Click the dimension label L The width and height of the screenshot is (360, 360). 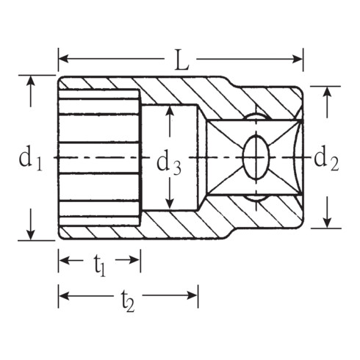coord(181,60)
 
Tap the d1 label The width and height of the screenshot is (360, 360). coord(31,158)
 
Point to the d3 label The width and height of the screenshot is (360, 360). coord(169,163)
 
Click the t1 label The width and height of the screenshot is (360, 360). coord(100,265)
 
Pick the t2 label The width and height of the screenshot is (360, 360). coord(128,301)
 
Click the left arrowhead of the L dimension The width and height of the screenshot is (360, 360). coord(63,59)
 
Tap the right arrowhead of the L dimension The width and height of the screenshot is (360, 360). coord(298,59)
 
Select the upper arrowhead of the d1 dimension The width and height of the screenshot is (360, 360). coord(31,80)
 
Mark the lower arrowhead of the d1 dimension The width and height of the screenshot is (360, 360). coord(31,235)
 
